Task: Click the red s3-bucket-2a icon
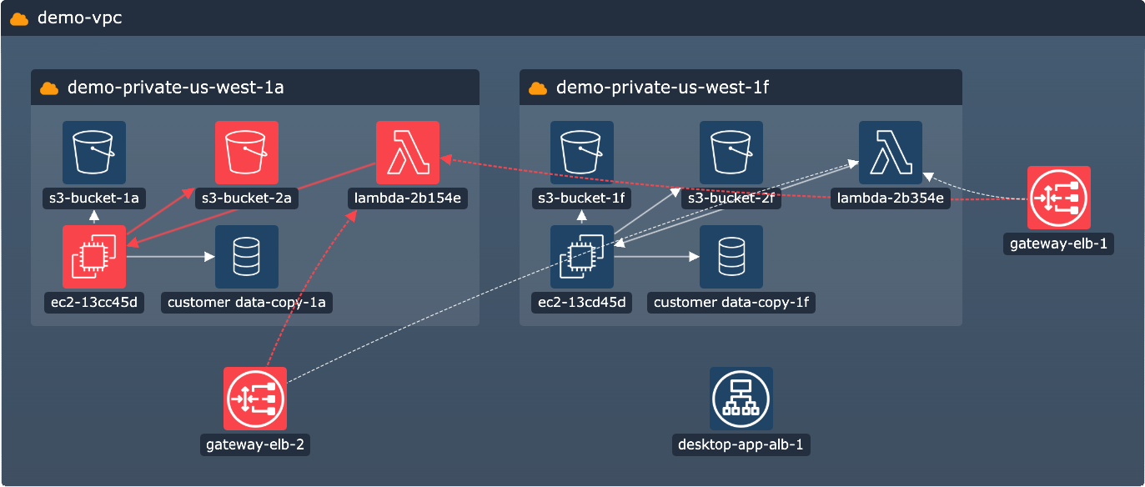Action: tap(246, 153)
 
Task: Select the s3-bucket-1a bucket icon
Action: tap(94, 153)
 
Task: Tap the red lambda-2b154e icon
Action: tap(408, 153)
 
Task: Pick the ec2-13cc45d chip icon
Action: tap(94, 257)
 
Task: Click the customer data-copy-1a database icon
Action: tap(246, 257)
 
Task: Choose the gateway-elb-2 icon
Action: tap(255, 399)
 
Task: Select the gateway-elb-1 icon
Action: tap(1059, 198)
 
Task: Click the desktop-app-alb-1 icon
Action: tap(741, 399)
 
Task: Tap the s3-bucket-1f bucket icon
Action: tap(582, 153)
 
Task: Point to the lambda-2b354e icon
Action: tap(891, 153)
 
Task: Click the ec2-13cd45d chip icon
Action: tap(582, 257)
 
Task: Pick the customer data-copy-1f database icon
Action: tap(731, 257)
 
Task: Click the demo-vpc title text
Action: tap(80, 18)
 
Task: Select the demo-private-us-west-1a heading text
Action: tap(175, 88)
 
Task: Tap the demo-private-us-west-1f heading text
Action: tap(662, 88)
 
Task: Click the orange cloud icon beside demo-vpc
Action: tap(20, 18)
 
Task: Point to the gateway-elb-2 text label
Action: tap(255, 444)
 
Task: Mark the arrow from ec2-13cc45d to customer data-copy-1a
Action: tap(170, 257)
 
